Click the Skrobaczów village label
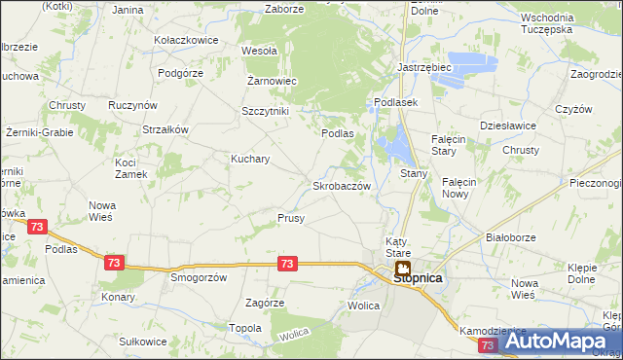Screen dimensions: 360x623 click(341, 185)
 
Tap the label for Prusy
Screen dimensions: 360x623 click(291, 218)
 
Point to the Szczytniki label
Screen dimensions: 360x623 click(265, 111)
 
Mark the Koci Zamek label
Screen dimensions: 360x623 click(130, 168)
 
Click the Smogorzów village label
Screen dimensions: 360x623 click(199, 276)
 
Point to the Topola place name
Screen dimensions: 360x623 click(244, 328)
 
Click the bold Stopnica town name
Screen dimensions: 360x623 click(418, 277)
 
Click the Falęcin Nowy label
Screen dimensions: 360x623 click(458, 187)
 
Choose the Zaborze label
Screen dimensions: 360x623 click(284, 9)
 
